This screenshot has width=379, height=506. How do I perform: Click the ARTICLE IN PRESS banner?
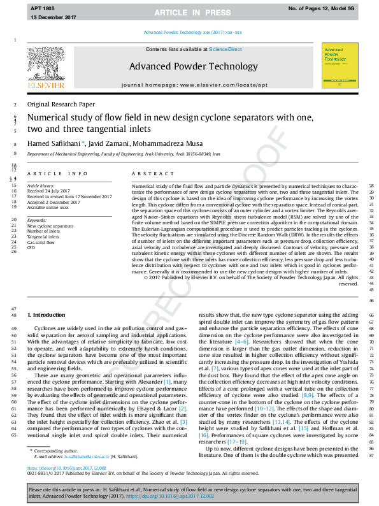[189, 12]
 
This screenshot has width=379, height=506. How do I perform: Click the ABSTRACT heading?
[148, 173]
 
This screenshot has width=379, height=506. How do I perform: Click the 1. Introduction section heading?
[46, 315]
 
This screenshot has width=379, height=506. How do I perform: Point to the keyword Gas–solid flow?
[41, 243]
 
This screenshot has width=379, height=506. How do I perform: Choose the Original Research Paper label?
[61, 104]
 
